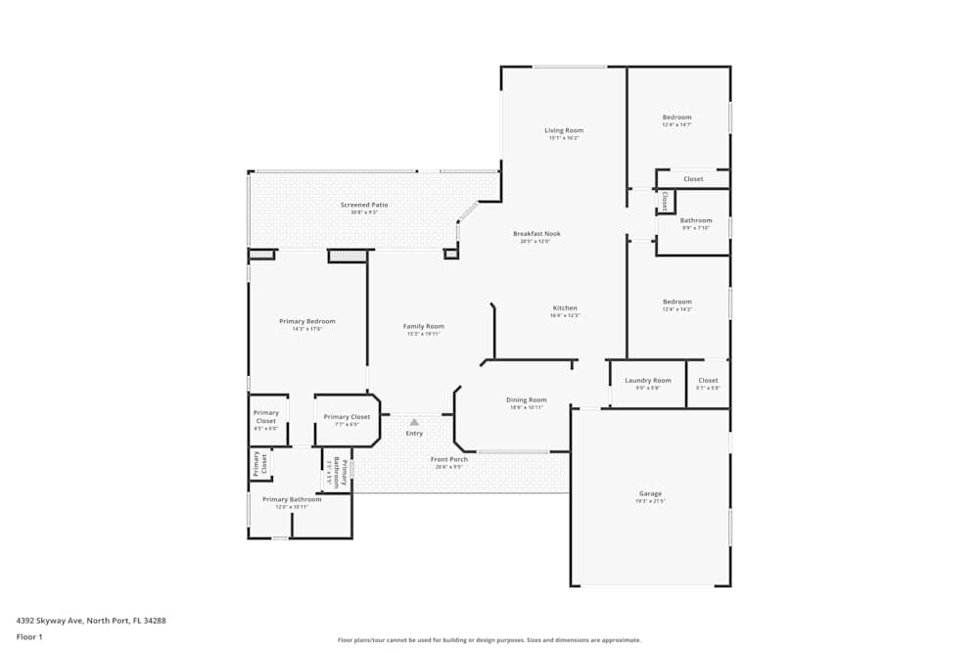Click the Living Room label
(x=564, y=130)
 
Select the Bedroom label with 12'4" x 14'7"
(x=676, y=117)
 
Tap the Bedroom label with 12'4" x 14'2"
(x=676, y=302)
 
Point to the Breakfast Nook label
(x=536, y=234)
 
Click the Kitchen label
(x=565, y=308)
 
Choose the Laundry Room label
(x=648, y=380)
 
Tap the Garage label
(x=650, y=493)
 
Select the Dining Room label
(x=526, y=399)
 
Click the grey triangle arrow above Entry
(x=414, y=422)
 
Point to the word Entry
(x=414, y=433)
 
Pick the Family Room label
(x=424, y=326)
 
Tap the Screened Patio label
(x=364, y=205)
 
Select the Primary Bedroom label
(x=307, y=321)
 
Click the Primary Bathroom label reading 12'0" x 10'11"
(x=291, y=499)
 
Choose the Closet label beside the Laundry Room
(x=708, y=380)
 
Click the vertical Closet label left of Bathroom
(x=664, y=201)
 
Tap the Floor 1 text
(x=29, y=636)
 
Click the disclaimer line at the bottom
(x=489, y=639)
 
